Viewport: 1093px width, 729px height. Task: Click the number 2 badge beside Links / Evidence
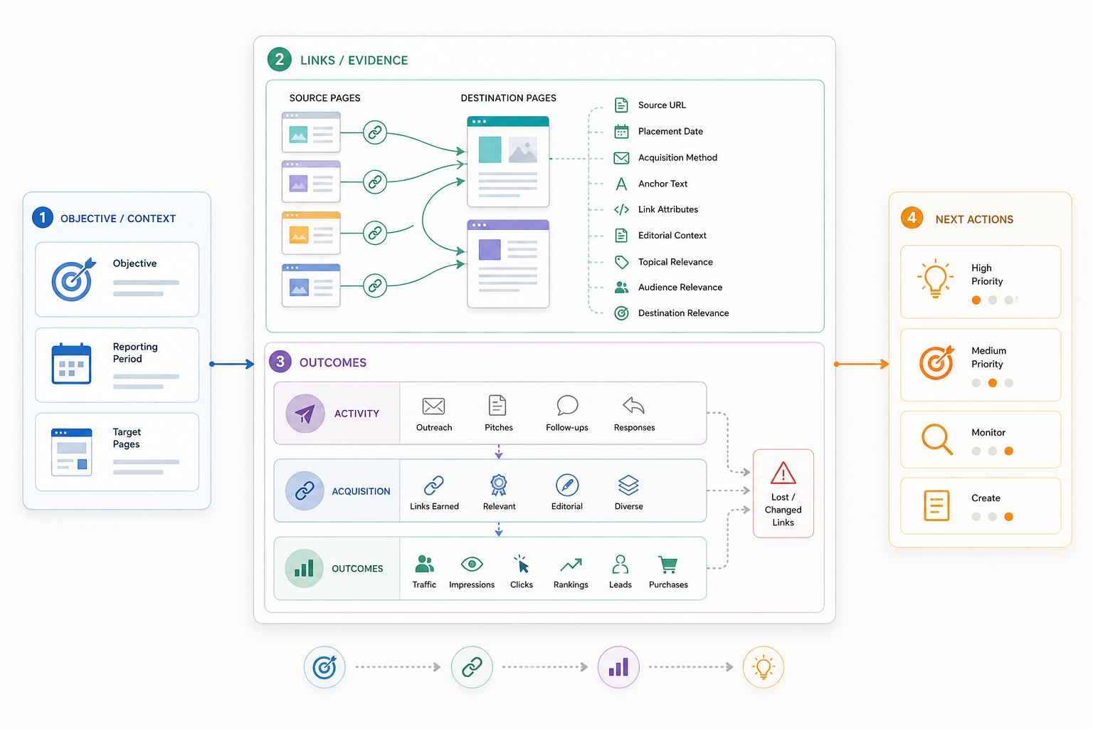(x=280, y=60)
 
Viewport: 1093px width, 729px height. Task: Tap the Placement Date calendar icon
(x=621, y=131)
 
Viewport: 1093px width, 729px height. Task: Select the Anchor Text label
(x=662, y=184)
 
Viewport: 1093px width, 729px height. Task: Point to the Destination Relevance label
(x=684, y=313)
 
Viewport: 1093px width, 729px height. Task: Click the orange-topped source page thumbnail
(x=311, y=233)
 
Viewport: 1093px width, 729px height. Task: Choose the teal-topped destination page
(x=508, y=162)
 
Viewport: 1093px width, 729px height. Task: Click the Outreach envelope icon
(x=433, y=407)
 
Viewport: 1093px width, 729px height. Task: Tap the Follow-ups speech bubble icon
(x=567, y=405)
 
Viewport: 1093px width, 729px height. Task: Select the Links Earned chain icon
(x=434, y=486)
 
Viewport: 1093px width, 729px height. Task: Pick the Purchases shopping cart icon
(x=668, y=565)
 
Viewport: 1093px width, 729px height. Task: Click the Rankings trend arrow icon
(x=571, y=565)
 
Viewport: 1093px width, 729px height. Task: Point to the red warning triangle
(x=783, y=473)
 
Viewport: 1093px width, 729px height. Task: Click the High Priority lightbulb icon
(x=935, y=278)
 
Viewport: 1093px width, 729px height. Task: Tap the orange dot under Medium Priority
(x=992, y=383)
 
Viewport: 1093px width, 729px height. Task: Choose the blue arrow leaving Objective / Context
(x=232, y=364)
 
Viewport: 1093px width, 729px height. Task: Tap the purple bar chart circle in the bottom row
(x=618, y=667)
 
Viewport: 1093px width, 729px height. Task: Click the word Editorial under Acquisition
(x=566, y=506)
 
